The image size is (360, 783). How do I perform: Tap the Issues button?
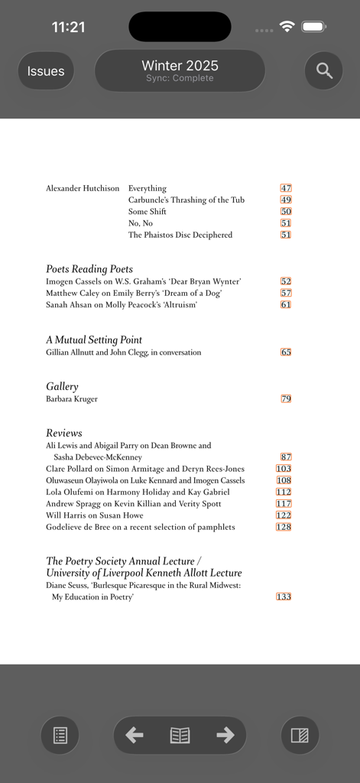point(46,71)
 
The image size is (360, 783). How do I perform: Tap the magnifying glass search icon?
point(324,71)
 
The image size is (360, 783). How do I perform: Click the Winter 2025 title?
point(180,66)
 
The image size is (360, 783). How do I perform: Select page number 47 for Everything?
point(286,188)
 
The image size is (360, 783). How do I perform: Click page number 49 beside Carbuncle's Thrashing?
point(286,200)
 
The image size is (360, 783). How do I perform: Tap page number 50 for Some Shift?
point(286,212)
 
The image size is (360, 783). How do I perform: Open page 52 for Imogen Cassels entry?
point(286,281)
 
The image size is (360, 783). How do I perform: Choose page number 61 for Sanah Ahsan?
point(286,304)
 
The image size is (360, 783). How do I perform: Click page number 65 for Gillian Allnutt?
point(286,353)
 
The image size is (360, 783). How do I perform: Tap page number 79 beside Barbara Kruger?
point(286,399)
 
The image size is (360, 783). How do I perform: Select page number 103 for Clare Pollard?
point(284,469)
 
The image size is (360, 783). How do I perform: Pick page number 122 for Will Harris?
point(284,515)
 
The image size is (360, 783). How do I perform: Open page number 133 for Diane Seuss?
point(284,596)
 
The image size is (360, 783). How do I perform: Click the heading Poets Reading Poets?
point(89,269)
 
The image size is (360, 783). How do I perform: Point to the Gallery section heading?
point(62,387)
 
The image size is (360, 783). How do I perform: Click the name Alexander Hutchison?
point(83,188)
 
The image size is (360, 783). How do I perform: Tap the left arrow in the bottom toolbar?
point(135,736)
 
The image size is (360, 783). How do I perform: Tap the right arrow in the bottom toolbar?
point(225,736)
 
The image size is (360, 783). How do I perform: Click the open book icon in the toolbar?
point(180,736)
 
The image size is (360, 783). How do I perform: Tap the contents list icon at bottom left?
point(60,736)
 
